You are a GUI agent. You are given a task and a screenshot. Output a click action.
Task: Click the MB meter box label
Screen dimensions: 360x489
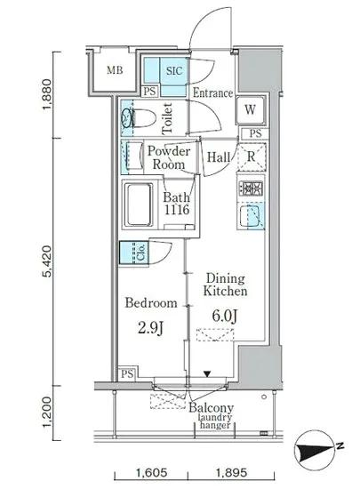coord(115,70)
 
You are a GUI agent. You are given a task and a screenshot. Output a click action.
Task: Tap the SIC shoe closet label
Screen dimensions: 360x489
coord(174,71)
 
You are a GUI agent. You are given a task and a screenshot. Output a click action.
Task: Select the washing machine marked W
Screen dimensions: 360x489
coord(250,110)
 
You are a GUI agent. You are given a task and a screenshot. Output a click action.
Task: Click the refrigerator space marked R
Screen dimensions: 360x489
coord(252,156)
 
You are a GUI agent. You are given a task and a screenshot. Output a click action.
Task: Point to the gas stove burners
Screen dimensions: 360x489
coord(251,188)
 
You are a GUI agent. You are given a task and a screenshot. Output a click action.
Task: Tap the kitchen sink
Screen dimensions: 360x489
coord(251,216)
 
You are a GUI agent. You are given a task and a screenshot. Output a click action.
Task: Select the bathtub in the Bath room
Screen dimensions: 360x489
coord(139,204)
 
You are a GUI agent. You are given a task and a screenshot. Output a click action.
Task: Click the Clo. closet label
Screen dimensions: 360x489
coord(141,253)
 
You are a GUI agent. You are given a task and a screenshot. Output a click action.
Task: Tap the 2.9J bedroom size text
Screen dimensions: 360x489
coord(151,328)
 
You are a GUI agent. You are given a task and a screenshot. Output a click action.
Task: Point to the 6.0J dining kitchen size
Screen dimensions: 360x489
coord(225,316)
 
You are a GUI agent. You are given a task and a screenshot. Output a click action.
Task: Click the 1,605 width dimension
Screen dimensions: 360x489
coord(151,472)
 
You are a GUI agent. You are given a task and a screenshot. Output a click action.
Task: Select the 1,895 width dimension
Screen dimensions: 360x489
coord(232,472)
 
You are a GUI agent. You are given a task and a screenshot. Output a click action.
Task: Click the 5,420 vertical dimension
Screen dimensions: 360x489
coord(47,261)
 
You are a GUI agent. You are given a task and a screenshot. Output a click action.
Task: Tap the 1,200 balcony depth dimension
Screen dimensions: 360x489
coord(47,413)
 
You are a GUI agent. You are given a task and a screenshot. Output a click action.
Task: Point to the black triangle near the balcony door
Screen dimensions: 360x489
coord(207,373)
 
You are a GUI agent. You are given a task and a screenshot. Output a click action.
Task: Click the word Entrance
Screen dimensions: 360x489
coord(212,93)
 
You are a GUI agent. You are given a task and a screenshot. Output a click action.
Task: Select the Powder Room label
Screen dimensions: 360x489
coord(169,157)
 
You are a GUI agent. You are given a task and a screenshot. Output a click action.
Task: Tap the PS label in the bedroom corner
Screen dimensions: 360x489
coord(127,373)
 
